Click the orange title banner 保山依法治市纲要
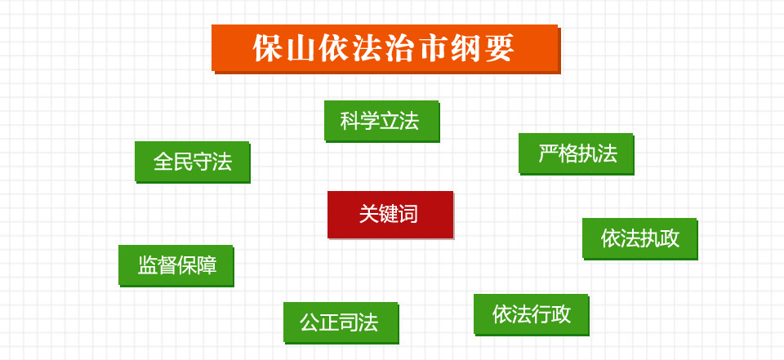pos(385,49)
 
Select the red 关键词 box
pos(390,215)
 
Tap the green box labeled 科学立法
pos(382,121)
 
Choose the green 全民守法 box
pos(193,162)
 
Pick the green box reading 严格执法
pos(577,154)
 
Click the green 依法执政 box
pos(640,238)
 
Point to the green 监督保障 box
pos(176,265)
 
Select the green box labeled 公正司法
pos(341,322)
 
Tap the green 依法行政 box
pos(532,314)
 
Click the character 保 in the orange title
pos(268,48)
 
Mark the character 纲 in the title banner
pos(466,48)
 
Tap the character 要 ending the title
pos(499,48)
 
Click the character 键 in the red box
pos(388,215)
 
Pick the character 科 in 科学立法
pos(350,121)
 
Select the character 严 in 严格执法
pos(548,154)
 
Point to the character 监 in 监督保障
pos(148,265)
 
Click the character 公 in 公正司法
pos(310,322)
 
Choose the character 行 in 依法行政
pos(541,314)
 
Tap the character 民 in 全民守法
pos(183,162)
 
